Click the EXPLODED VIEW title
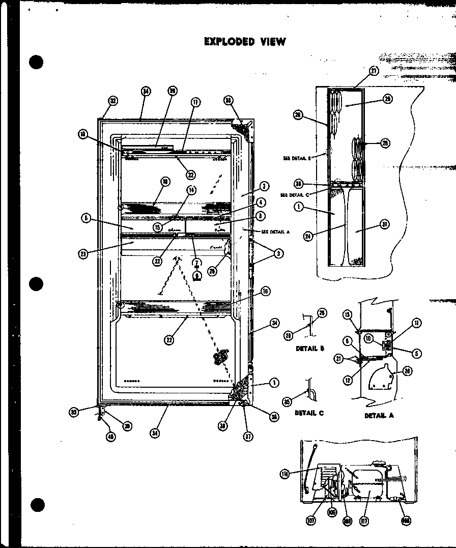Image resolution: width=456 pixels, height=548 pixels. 245,41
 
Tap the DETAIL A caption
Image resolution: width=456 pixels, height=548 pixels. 379,416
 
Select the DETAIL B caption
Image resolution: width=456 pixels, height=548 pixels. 310,349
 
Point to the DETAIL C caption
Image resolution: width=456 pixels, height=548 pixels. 309,413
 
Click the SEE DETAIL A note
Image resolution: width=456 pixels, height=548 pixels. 275,232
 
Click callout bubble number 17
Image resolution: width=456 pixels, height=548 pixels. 194,102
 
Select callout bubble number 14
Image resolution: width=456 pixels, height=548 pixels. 191,190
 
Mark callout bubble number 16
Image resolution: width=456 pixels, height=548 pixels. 266,291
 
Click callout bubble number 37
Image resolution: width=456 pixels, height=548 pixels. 248,436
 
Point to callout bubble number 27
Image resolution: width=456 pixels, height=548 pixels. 375,71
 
